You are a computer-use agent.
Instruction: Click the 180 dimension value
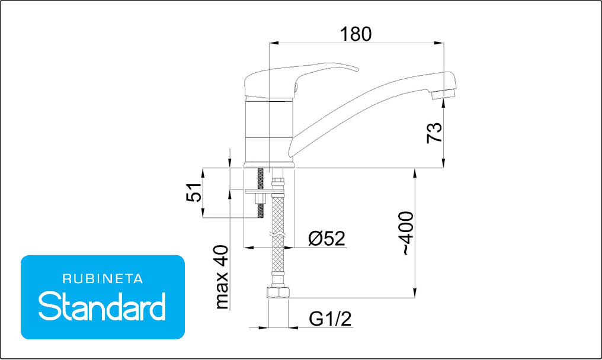tap(356, 34)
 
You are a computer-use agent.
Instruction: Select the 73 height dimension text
tap(434, 133)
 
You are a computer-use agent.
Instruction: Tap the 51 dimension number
tap(194, 192)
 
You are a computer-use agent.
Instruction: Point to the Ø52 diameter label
tap(326, 239)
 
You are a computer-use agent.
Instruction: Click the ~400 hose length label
tap(407, 233)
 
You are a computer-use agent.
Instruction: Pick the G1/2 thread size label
tap(330, 319)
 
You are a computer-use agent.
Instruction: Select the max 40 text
tap(222, 277)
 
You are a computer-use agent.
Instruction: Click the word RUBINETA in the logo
tap(103, 279)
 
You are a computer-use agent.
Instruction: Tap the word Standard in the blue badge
tap(102, 306)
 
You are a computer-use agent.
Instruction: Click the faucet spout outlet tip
tap(443, 94)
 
